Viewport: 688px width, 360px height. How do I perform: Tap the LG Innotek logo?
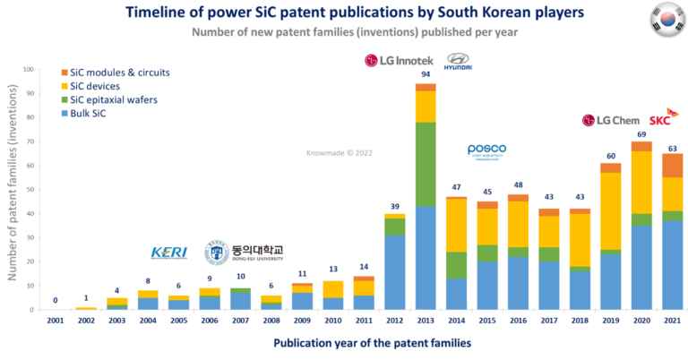(400, 60)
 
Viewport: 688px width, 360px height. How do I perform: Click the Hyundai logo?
(458, 61)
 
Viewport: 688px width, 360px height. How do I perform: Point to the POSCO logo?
(486, 152)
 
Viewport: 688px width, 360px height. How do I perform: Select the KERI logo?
(169, 253)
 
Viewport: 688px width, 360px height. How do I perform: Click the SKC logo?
(659, 118)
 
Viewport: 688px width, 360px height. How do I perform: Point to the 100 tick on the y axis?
(28, 70)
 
